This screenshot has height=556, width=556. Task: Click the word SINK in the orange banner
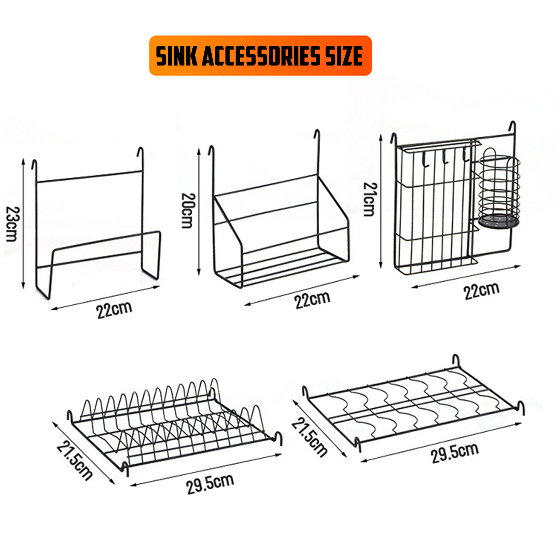[x=177, y=56]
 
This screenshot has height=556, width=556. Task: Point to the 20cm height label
[x=188, y=210]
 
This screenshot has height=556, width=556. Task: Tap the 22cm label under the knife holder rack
[x=481, y=291]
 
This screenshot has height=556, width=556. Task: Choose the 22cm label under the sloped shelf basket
[x=312, y=300]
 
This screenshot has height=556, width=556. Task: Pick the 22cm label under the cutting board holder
[x=114, y=310]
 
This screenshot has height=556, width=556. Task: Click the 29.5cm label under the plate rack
[x=210, y=484]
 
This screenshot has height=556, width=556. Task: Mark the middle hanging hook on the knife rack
[x=445, y=158]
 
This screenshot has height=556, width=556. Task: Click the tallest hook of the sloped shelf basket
[x=318, y=139]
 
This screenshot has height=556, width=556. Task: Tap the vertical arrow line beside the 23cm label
[x=24, y=223]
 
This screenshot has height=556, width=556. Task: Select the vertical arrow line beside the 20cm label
[x=198, y=211]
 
